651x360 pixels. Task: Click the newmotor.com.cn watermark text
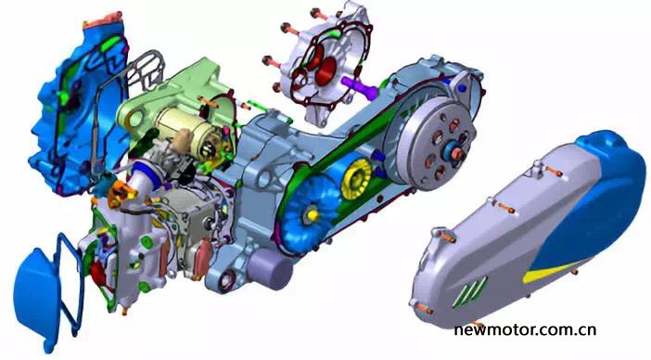(525, 330)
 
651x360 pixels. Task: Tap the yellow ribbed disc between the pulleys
(356, 178)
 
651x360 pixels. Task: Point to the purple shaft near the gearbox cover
(360, 86)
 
